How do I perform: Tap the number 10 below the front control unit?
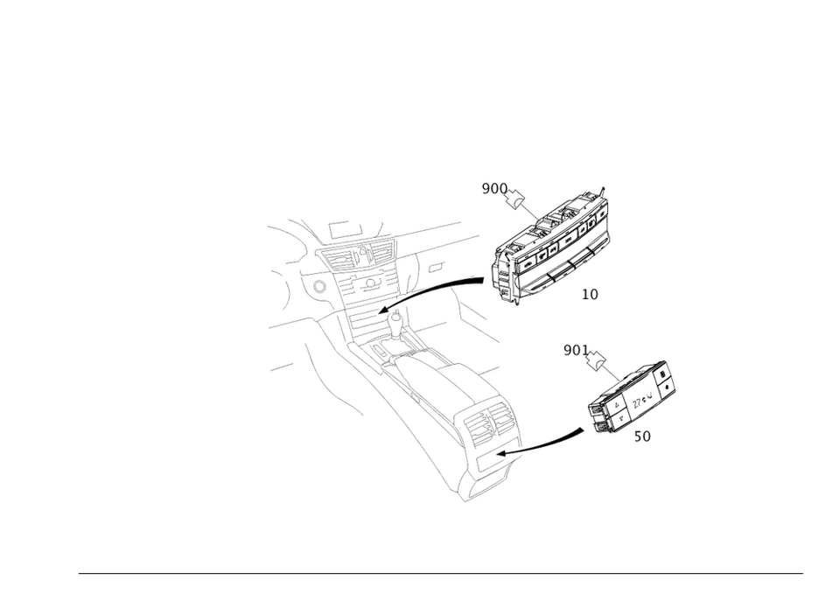click(x=590, y=295)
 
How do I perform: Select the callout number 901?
click(x=574, y=352)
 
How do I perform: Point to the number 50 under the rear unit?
click(x=641, y=436)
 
